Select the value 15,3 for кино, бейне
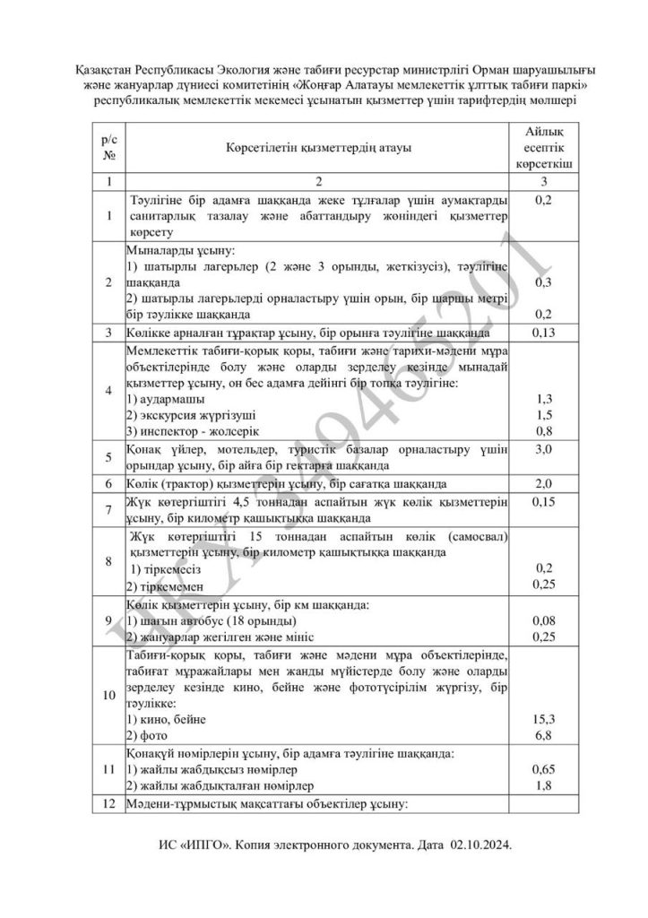(544, 718)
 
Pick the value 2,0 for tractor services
(544, 483)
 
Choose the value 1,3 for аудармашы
(544, 397)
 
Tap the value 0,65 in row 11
(544, 769)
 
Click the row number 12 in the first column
(110, 804)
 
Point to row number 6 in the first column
(110, 483)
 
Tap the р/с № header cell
(110, 147)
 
